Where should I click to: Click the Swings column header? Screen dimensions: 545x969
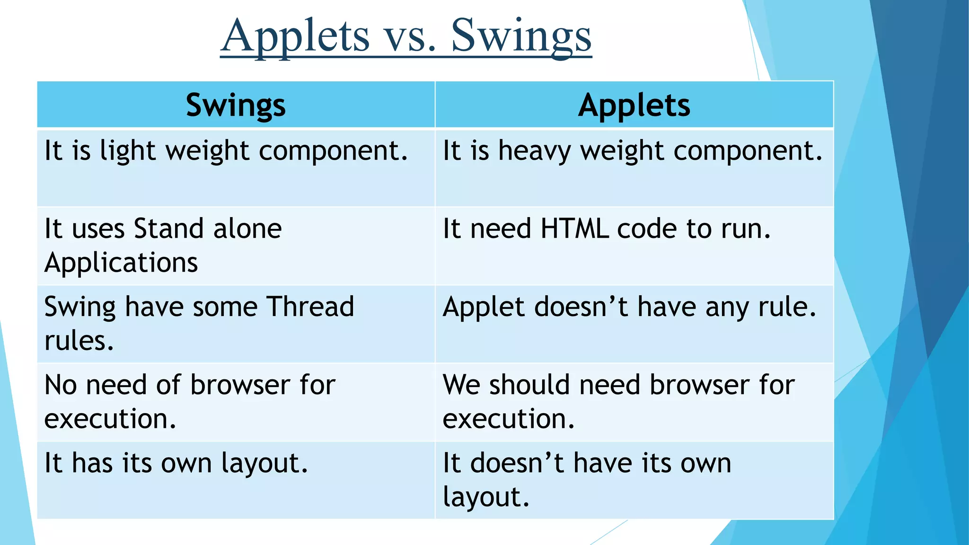pyautogui.click(x=236, y=105)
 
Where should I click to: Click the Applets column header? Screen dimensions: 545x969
pyautogui.click(x=634, y=105)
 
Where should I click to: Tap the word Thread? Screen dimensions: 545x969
pyautogui.click(x=310, y=307)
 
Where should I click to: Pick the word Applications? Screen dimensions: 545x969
pyautogui.click(x=121, y=263)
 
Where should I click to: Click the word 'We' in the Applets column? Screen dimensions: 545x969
pyautogui.click(x=461, y=385)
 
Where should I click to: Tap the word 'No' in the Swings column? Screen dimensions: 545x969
pyautogui.click(x=61, y=385)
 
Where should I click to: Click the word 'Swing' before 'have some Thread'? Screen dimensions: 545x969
pyautogui.click(x=79, y=308)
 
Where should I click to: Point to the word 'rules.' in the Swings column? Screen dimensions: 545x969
pyautogui.click(x=79, y=341)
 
